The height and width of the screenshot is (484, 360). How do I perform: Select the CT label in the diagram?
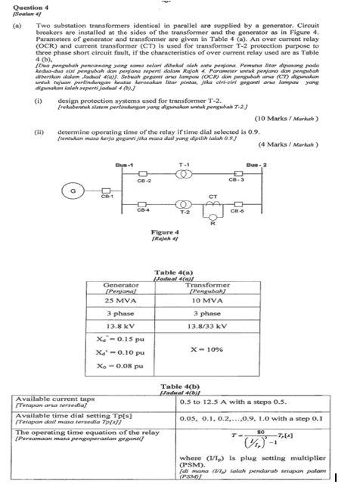213,194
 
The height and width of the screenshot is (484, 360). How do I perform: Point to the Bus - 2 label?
259,163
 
